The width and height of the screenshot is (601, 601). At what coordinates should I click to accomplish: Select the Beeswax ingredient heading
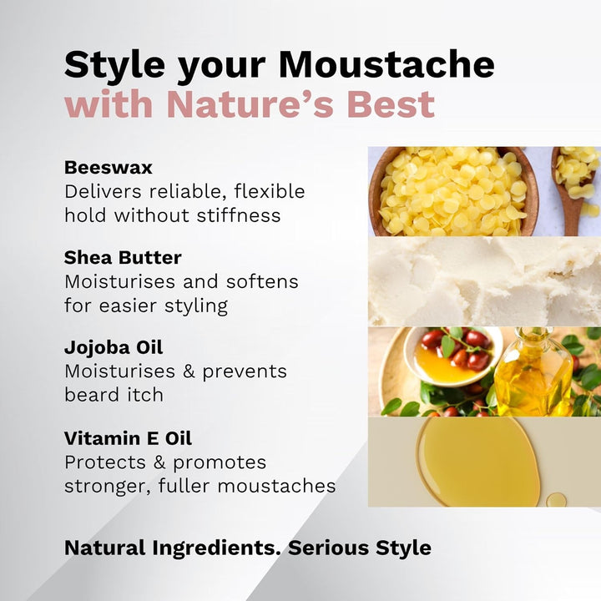(x=108, y=166)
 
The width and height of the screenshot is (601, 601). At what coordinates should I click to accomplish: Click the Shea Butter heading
(x=123, y=257)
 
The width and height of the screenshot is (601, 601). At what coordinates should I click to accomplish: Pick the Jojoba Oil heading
(x=114, y=347)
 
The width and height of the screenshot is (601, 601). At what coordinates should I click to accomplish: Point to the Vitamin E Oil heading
(x=123, y=438)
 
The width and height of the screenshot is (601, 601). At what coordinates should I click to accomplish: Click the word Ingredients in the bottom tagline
(x=218, y=548)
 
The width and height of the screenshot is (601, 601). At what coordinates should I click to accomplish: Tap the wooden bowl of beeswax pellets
(x=451, y=191)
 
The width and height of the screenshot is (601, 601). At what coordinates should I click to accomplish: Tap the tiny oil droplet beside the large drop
(x=556, y=500)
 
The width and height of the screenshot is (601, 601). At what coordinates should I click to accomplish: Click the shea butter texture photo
(x=484, y=281)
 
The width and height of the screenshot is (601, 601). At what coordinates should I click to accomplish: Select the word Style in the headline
(x=111, y=65)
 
